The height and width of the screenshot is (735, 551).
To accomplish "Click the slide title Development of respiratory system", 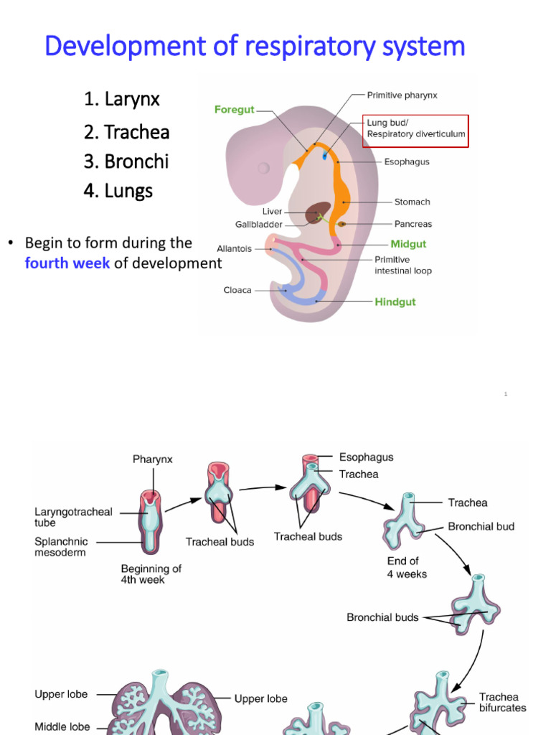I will click(255, 47).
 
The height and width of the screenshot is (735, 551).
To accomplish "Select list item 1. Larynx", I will click(121, 99).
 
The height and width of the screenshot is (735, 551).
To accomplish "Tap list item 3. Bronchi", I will click(126, 161).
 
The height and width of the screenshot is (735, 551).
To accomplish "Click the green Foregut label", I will click(234, 110).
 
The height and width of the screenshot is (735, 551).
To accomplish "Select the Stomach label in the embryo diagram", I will click(412, 202).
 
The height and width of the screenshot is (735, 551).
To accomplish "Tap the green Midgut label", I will click(408, 244).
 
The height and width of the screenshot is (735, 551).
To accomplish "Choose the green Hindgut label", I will click(395, 302).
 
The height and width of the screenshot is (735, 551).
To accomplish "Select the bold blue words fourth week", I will click(67, 263).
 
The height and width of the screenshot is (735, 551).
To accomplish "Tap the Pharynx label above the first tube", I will click(152, 459).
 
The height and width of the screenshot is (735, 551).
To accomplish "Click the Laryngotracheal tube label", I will click(73, 518).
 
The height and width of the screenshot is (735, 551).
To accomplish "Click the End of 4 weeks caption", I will click(407, 567).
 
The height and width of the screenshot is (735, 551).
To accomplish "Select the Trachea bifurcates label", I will click(502, 702).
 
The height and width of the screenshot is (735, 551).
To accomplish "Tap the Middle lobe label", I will click(62, 726).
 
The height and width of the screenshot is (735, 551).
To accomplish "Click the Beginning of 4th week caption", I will click(151, 574).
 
